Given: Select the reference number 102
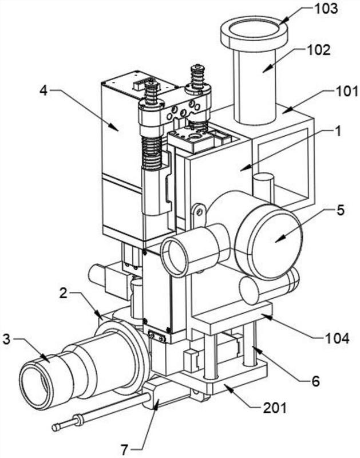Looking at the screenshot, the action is [319, 50].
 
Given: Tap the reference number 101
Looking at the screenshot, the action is [346, 92].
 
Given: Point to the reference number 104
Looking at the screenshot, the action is [337, 338].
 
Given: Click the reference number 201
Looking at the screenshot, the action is [275, 408].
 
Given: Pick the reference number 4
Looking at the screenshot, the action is [43, 91].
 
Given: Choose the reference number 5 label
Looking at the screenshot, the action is [341, 211].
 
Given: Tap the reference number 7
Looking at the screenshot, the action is [124, 450].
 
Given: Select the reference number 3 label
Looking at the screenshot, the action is [7, 339].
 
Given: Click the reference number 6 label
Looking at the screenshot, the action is [315, 381].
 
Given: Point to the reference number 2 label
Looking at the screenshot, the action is [64, 293].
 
